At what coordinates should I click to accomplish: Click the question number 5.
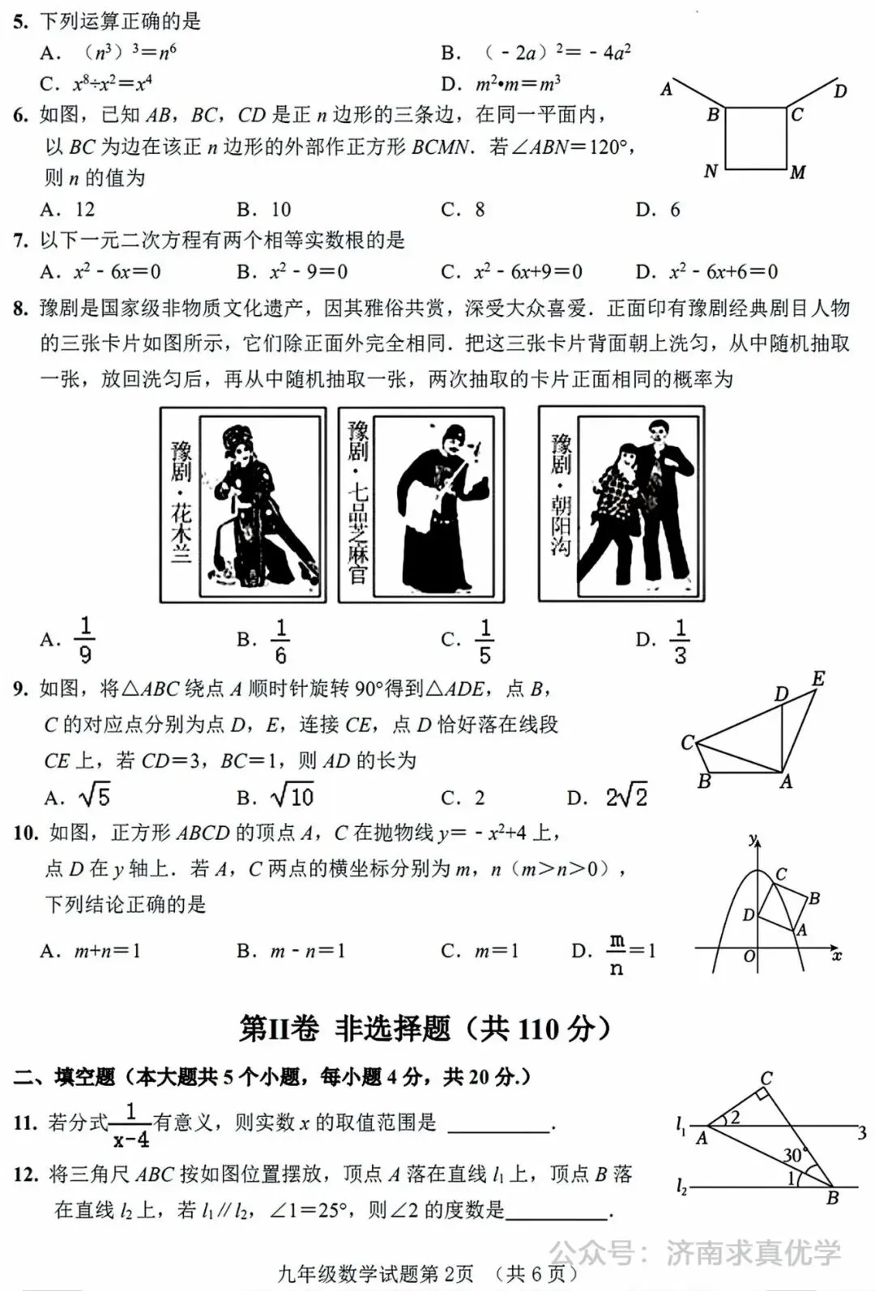[21, 21]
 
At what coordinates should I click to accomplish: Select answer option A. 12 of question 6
[68, 210]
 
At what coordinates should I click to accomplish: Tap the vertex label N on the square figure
[711, 171]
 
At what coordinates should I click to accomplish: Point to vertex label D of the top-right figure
[840, 91]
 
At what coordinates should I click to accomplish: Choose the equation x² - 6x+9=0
[512, 271]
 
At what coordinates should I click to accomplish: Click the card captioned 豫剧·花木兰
[243, 505]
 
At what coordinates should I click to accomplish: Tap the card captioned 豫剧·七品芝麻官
[420, 505]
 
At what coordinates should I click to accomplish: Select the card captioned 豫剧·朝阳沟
[621, 505]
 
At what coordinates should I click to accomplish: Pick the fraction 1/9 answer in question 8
[84, 640]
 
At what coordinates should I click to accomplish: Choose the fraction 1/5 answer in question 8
[484, 640]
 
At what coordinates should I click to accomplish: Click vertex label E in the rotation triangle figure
[818, 679]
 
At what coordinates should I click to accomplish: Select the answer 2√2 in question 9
[625, 797]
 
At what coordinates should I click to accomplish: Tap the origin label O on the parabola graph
[749, 957]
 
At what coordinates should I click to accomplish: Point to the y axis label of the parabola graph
[753, 838]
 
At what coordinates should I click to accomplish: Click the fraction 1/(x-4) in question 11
[131, 1125]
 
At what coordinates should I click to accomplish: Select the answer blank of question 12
[557, 1210]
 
